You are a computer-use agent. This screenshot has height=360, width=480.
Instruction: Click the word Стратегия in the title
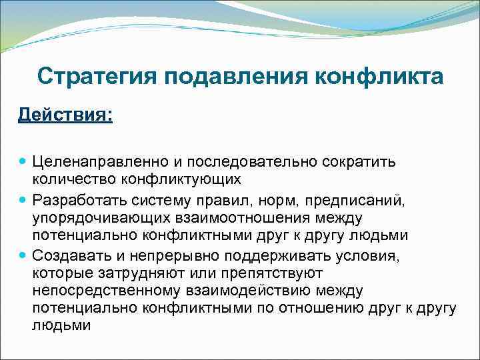92,76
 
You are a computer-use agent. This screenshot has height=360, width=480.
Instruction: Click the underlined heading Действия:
65,115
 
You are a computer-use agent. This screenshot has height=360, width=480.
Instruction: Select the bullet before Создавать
23,255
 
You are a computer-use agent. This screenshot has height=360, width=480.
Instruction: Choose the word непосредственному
105,291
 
